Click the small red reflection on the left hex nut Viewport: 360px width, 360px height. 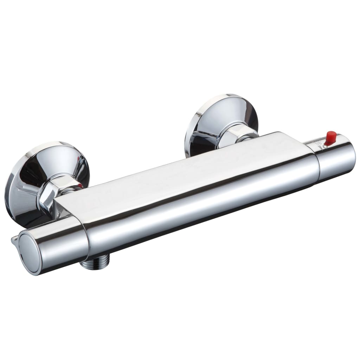point(81,185)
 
